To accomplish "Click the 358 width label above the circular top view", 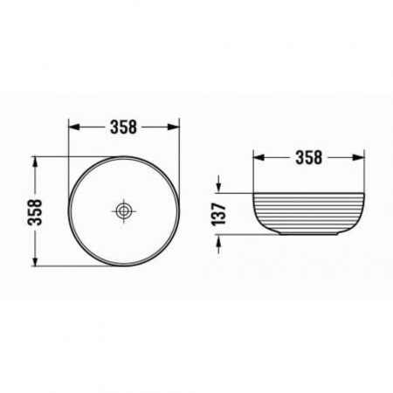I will click(x=124, y=127).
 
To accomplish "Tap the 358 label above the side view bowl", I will click(x=308, y=158).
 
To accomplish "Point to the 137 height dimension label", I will click(x=218, y=212).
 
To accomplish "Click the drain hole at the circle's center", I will click(x=125, y=210).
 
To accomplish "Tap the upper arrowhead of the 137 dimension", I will click(x=218, y=185).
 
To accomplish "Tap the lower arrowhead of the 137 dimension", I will click(x=218, y=241).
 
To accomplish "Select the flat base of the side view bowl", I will click(x=308, y=236).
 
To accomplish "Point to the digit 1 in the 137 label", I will click(x=218, y=223).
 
